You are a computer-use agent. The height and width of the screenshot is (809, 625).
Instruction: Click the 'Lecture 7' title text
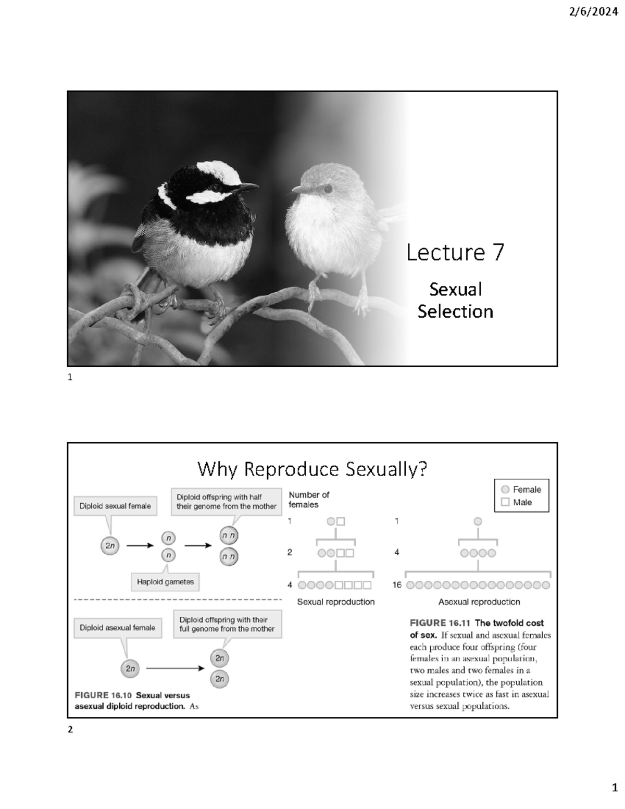coord(455,253)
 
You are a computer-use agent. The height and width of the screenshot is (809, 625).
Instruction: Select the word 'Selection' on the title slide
coord(455,312)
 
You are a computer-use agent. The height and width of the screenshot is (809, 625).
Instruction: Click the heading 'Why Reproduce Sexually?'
coord(312,469)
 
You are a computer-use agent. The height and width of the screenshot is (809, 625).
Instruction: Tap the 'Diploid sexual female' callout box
coord(115,506)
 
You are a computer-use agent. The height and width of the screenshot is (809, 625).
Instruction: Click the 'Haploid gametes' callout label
coord(165,582)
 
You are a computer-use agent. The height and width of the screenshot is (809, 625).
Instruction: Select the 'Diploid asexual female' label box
coord(117,628)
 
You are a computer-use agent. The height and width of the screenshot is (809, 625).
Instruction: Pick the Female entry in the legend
coord(521,490)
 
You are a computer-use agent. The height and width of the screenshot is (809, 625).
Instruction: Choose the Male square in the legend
coord(505,502)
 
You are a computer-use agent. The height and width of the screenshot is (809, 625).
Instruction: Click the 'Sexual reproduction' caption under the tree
coord(336,602)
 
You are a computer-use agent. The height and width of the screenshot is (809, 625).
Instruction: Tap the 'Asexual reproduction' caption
coord(479,602)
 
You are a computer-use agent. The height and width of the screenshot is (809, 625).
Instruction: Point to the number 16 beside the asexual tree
coord(397,585)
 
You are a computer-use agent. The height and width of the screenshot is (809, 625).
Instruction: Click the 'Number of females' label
coord(309,500)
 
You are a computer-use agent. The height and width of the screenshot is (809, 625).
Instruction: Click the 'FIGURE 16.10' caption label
coord(103,695)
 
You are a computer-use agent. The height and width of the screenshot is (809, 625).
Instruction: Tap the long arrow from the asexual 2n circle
coord(175,668)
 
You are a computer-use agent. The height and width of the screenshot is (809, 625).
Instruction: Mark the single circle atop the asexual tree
coord(478,521)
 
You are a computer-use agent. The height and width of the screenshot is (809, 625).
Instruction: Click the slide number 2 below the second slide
coord(70,730)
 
